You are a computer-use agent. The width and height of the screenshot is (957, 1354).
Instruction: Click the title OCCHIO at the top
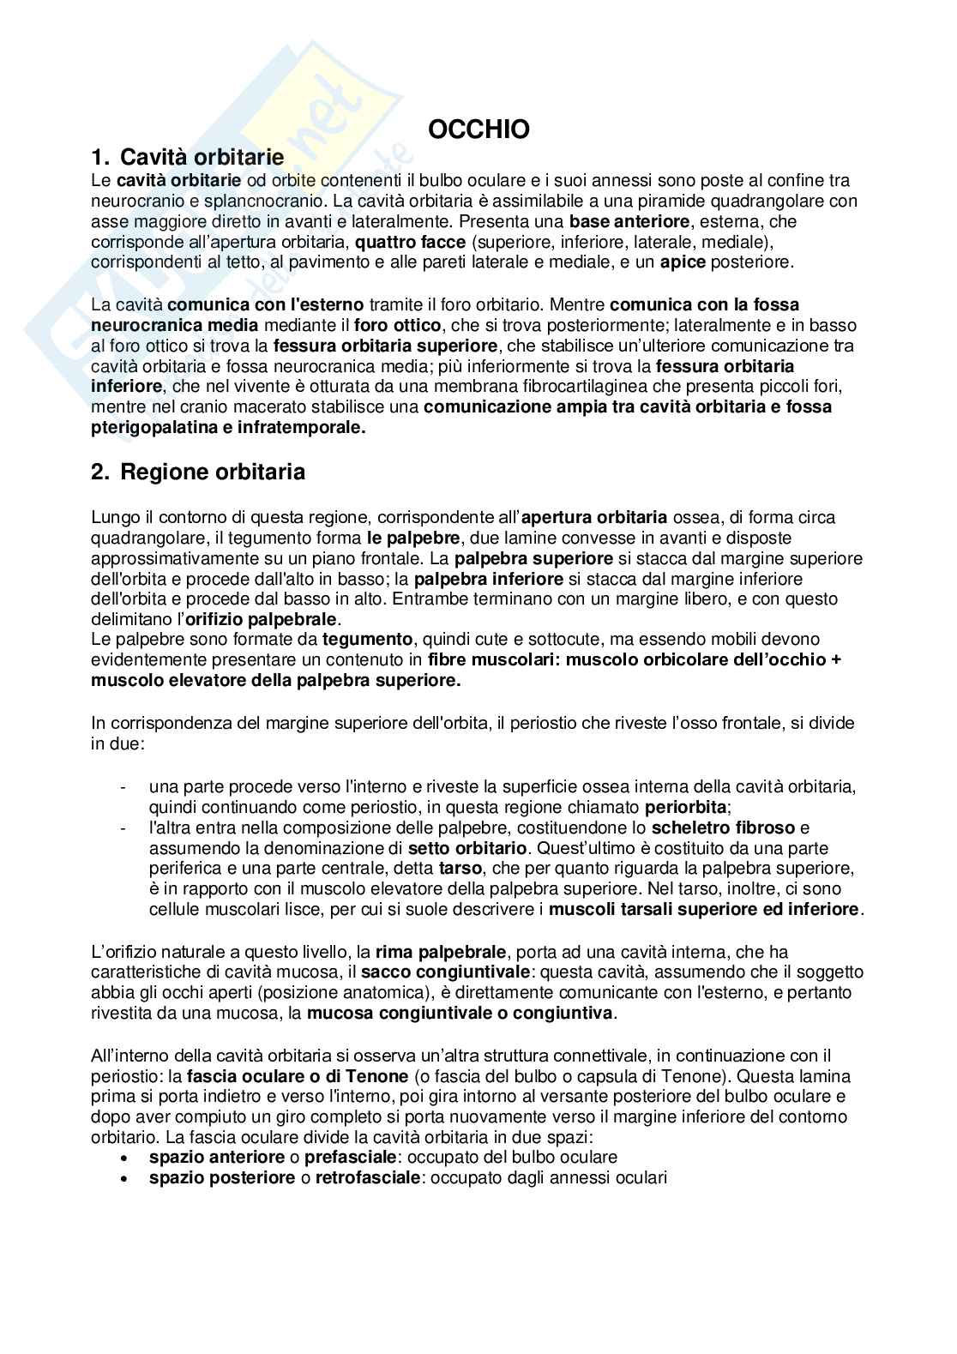click(x=478, y=129)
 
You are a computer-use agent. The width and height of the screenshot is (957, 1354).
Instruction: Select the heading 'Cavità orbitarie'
click(x=202, y=157)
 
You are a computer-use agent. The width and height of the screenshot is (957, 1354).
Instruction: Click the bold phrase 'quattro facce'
click(x=411, y=242)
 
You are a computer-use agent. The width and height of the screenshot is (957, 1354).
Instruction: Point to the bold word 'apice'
click(x=683, y=262)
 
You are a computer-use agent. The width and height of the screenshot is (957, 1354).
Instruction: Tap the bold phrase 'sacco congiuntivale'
click(x=441, y=972)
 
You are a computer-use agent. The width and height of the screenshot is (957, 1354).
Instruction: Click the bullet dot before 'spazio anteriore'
click(x=126, y=1158)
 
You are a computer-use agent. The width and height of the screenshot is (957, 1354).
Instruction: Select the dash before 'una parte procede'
click(x=125, y=786)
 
